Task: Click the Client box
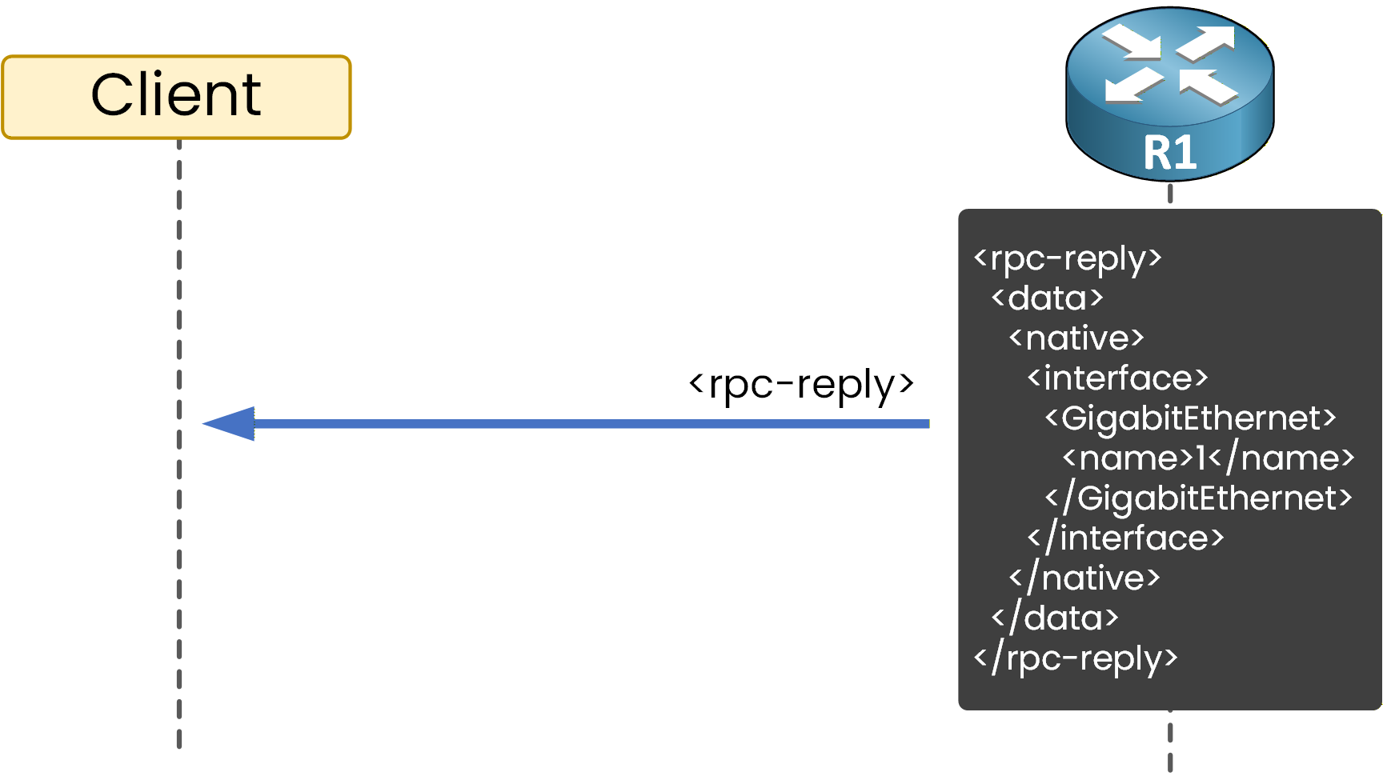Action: point(176,97)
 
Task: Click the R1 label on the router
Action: point(1169,153)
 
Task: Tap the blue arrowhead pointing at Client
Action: point(230,423)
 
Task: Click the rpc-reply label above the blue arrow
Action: point(800,385)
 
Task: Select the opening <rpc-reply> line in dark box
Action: point(1067,258)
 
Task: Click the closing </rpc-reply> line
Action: point(1075,658)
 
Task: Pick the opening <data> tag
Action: point(1047,298)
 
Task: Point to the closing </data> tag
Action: point(1054,618)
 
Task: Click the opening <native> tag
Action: point(1076,338)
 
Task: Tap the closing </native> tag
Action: point(1084,578)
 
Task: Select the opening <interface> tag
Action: point(1117,378)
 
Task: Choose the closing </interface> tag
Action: point(1125,538)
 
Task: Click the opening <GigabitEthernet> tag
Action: point(1190,418)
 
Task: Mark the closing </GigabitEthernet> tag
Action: point(1198,498)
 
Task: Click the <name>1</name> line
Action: point(1208,458)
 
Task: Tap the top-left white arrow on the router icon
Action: point(1132,42)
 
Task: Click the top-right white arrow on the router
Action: point(1208,42)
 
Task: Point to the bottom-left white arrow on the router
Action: point(1132,85)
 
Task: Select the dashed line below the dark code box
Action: point(1170,740)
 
